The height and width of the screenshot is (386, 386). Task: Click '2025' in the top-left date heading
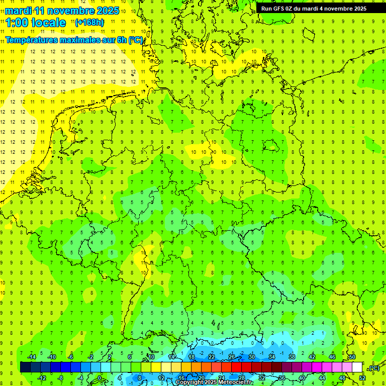point(108,10)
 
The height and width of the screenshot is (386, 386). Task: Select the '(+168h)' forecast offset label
point(89,22)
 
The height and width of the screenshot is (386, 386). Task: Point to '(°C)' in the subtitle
point(136,40)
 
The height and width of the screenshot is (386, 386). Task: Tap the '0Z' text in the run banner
point(291,9)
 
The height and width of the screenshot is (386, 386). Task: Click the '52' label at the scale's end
point(362,377)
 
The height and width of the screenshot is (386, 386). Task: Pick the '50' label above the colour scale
point(352,356)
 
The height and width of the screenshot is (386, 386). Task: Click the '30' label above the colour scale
point(252,356)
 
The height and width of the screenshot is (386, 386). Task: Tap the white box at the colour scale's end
point(357,367)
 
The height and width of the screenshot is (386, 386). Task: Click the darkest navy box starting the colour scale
point(25,367)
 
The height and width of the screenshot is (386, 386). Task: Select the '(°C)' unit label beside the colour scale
point(373,368)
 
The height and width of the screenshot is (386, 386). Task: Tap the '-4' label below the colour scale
point(81,377)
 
